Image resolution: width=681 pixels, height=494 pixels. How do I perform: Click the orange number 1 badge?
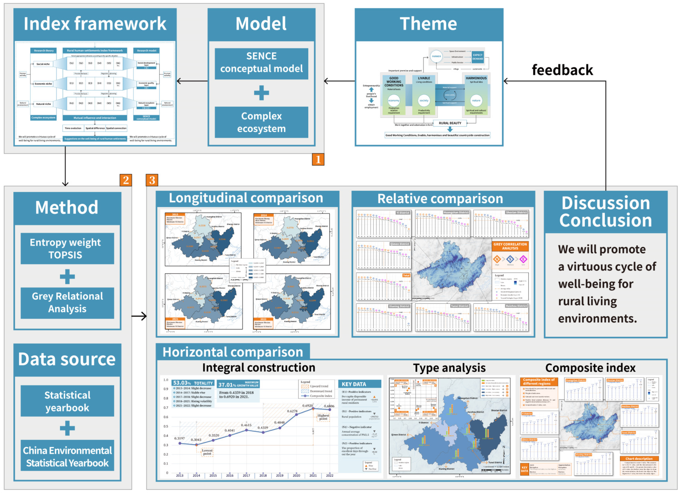318,159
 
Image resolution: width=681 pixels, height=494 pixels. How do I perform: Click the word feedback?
562,70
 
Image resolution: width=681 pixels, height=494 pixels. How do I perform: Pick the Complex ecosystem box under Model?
261,122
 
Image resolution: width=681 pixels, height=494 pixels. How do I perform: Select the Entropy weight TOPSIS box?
67,248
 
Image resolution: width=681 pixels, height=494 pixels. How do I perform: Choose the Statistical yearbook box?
67,401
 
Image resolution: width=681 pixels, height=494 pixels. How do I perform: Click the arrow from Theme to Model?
339,81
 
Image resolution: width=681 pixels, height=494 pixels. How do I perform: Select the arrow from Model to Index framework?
192,81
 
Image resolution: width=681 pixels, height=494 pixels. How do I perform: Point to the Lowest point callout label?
207,452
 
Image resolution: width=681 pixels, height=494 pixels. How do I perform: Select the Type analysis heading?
449,368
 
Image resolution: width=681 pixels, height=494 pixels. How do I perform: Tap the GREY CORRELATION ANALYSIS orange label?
510,246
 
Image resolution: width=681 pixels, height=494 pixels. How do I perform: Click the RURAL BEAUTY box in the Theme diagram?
450,123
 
